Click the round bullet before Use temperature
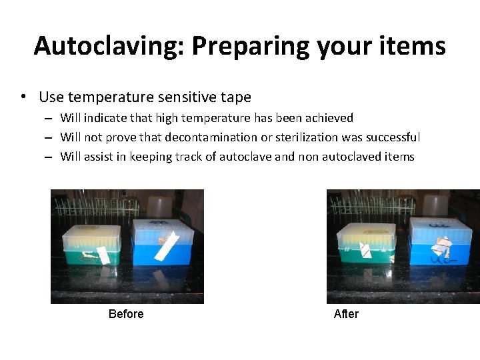(x=24, y=97)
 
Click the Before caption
(x=126, y=314)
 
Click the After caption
(x=346, y=314)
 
